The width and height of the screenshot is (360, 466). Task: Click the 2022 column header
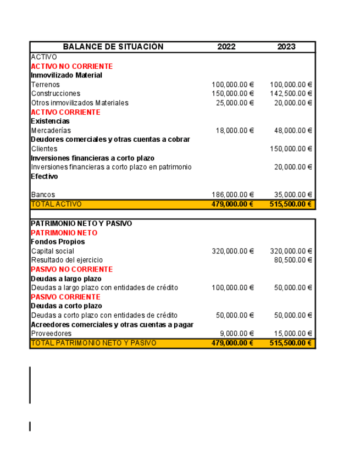226,47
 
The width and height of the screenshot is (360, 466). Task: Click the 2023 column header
286,47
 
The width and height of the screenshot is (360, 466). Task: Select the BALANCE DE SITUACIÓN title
113,47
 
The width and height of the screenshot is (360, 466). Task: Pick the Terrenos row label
46,85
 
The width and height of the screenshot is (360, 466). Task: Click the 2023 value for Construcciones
291,94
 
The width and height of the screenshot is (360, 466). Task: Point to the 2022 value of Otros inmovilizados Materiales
235,103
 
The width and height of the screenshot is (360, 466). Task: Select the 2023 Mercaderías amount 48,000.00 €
293,131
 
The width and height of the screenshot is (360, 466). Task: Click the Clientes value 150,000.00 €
291,149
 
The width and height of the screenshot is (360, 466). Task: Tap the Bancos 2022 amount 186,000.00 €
232,195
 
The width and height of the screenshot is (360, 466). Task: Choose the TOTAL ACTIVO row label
56,204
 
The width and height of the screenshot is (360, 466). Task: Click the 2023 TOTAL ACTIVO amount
291,204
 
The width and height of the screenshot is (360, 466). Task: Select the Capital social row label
52,251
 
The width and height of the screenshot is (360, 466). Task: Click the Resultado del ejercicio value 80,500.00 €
293,260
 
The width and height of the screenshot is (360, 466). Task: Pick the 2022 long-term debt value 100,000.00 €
232,288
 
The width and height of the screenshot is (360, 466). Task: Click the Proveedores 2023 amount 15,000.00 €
293,334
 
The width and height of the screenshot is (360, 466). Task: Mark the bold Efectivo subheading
45,176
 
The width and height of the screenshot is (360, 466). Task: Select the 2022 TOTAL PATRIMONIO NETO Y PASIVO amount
232,343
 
